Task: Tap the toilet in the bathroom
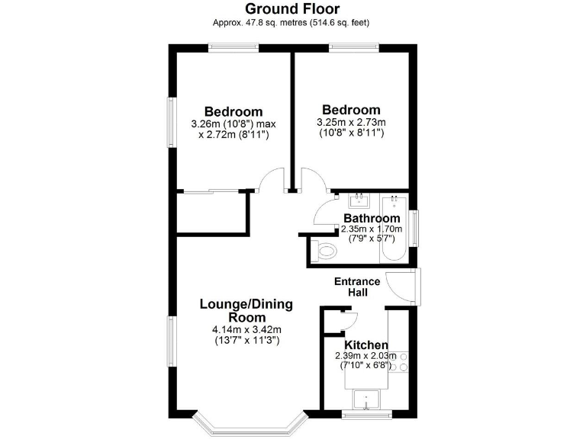(324, 250)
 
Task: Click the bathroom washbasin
(358, 201)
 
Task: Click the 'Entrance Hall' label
(357, 287)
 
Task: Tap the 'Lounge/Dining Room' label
(246, 311)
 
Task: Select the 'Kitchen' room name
(366, 345)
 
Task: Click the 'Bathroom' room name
(372, 219)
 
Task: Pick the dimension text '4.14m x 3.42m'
(246, 329)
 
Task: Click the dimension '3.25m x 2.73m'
(351, 122)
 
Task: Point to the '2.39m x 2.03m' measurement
(366, 356)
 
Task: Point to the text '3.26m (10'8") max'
(233, 123)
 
